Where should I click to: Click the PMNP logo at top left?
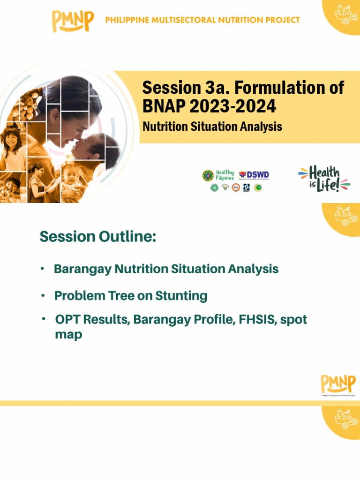pos(73,21)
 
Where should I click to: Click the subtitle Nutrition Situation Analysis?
pos(212,127)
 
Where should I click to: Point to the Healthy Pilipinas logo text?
pos(225,175)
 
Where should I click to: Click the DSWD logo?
pos(255,175)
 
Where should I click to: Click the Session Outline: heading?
pos(97,237)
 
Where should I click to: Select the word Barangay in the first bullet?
pos(82,269)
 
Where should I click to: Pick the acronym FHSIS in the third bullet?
pos(257,320)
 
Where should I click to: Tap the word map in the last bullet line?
pos(68,335)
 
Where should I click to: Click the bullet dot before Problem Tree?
pos(43,296)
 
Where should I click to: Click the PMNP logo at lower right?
pos(337,385)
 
